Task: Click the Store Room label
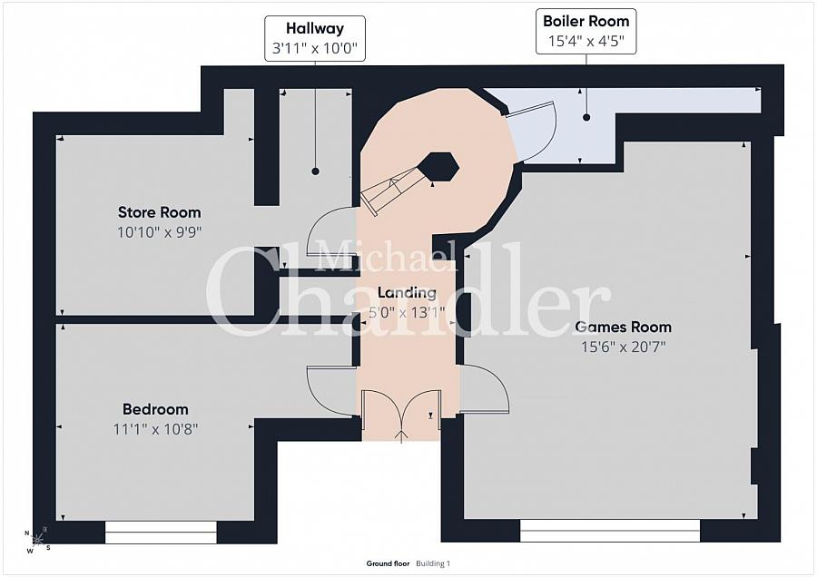160,212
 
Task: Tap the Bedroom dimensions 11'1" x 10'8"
155,429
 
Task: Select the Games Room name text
623,327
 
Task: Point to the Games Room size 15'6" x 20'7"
623,347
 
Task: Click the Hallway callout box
315,38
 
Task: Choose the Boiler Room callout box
586,31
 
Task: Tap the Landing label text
407,293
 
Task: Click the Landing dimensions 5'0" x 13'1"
407,312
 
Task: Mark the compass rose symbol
37,540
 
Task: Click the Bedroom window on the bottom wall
161,533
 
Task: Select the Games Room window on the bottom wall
610,531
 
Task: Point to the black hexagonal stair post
439,167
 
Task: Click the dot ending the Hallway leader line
315,171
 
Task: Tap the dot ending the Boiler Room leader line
586,118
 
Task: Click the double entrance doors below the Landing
402,415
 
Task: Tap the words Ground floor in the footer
388,563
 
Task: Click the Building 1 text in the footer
433,563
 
